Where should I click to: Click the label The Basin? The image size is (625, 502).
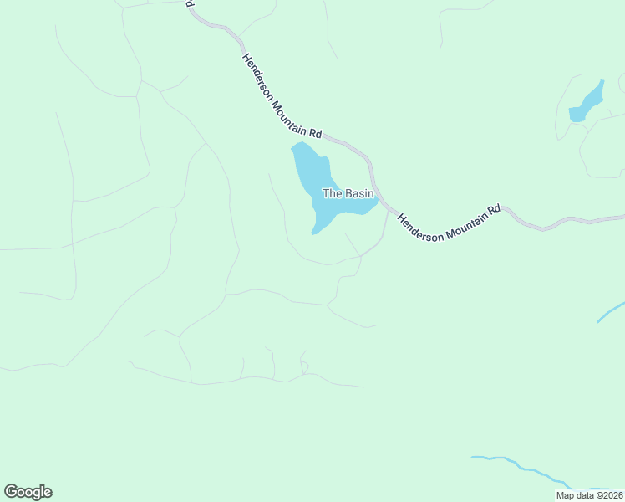[x=348, y=193]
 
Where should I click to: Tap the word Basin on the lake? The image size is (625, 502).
[x=358, y=193]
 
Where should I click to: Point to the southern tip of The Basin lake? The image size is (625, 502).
[x=314, y=232]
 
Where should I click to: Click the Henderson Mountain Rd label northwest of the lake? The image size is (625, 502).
[x=282, y=96]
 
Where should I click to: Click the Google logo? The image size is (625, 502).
[x=28, y=492]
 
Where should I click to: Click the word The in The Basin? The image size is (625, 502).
[x=332, y=193]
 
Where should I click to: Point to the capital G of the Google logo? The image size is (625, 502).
[x=12, y=491]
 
